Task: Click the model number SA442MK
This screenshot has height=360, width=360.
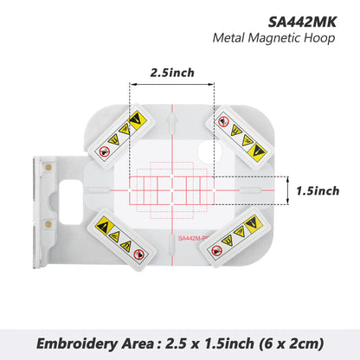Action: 304,18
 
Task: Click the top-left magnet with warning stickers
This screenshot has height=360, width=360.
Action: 118,137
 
